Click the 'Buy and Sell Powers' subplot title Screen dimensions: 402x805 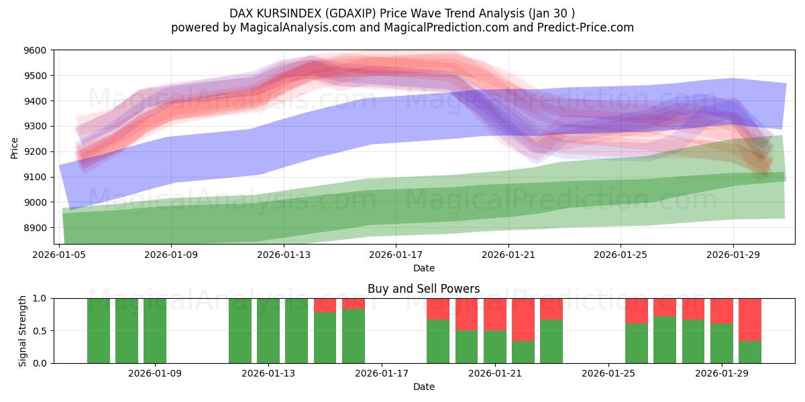coord(423,289)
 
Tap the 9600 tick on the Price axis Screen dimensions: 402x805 coord(35,50)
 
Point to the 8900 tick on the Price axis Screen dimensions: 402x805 coord(35,228)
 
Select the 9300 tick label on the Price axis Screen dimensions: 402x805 coord(35,127)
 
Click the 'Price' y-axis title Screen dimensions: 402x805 coord(15,147)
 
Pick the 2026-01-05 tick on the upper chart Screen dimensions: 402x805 coord(60,255)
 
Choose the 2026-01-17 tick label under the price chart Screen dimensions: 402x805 coord(396,255)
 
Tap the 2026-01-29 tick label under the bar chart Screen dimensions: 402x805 coord(722,373)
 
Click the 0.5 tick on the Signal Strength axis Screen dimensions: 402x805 coord(40,331)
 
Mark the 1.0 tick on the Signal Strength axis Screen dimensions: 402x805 coord(40,299)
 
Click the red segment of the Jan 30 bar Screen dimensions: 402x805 coord(750,320)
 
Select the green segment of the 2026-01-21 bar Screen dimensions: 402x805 coord(495,346)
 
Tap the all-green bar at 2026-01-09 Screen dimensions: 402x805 coord(155,331)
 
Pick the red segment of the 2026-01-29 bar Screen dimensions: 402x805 coord(722,311)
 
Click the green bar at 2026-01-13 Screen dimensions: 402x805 coord(268,331)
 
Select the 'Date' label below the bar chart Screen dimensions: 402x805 coord(423,387)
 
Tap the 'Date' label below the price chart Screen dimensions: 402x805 coord(423,268)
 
